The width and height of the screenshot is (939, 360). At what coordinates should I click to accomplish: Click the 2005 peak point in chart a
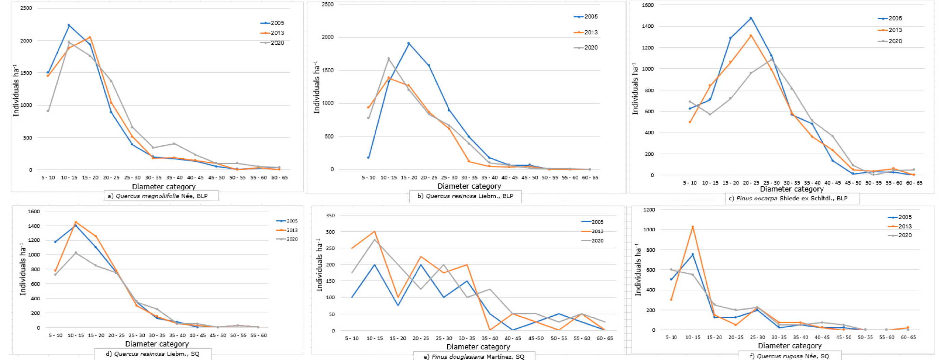(69, 25)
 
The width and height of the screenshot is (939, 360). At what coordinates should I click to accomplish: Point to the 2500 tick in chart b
(328, 4)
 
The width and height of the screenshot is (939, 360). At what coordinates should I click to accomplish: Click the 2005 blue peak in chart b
(409, 43)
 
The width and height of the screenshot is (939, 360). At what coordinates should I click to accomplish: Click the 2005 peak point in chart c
(751, 18)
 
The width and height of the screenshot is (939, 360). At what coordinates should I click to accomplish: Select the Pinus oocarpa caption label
(792, 199)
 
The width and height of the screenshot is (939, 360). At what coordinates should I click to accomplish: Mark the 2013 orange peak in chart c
(751, 35)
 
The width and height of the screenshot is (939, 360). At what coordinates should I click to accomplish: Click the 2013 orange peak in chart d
(76, 222)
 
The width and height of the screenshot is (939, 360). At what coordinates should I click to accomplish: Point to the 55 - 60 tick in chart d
(258, 335)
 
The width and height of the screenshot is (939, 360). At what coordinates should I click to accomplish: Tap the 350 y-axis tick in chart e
(330, 215)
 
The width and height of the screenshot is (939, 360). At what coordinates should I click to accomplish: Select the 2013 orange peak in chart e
(375, 231)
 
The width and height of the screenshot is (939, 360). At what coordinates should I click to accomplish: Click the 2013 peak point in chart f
(693, 227)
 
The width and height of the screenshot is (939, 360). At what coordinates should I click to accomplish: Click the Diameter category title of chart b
(469, 186)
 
